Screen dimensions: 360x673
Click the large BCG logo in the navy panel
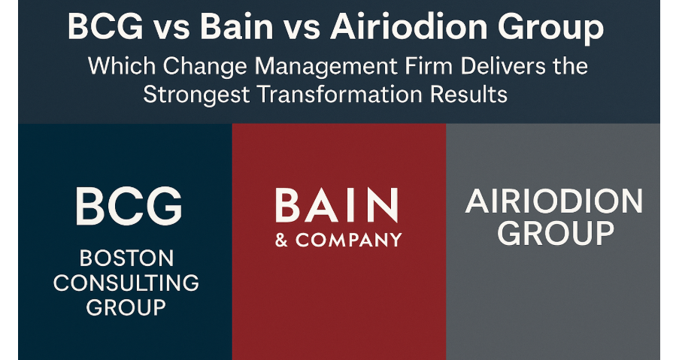[x=129, y=204]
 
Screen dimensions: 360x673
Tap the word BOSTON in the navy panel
[x=126, y=259]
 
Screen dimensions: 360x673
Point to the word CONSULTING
[x=126, y=283]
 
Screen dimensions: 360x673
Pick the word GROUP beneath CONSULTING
[x=126, y=307]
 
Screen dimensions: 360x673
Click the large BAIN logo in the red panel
[x=337, y=205]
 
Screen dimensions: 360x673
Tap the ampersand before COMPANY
[x=283, y=241]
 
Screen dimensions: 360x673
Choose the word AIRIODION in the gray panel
[x=555, y=202]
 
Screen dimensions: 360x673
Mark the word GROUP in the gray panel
[x=555, y=234]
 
